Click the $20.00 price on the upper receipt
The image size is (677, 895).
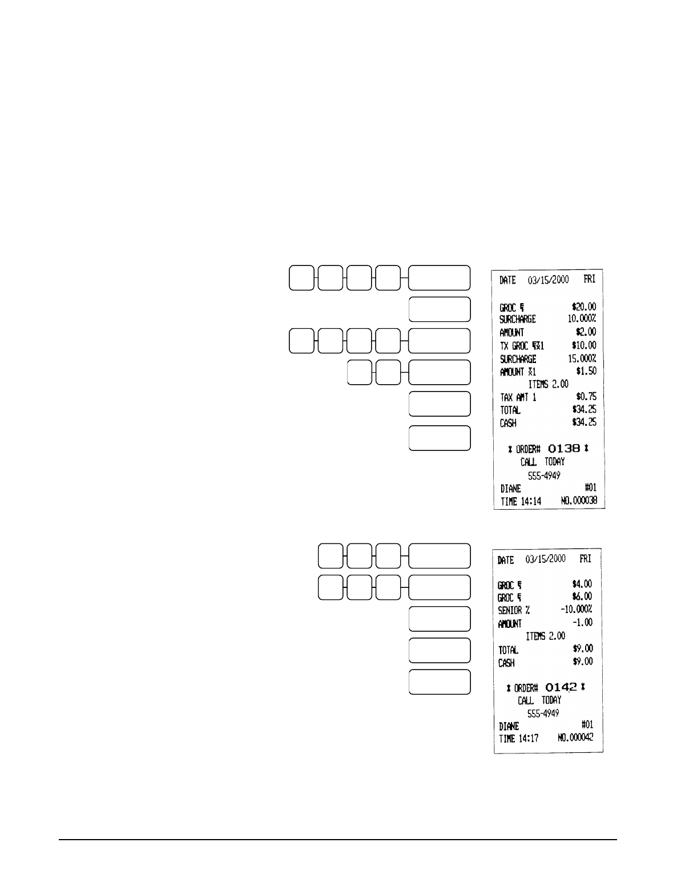[583, 306]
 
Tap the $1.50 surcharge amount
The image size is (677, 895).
[586, 372]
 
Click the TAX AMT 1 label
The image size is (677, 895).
[514, 397]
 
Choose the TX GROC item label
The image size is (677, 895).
[515, 346]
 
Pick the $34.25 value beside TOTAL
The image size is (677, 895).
[583, 410]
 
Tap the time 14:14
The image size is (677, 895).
[530, 501]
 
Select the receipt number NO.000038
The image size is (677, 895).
[579, 501]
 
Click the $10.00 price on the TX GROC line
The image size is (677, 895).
[583, 346]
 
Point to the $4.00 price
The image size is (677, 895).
[582, 584]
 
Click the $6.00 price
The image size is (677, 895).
[582, 596]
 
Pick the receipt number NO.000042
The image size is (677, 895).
[575, 737]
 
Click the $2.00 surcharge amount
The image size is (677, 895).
[586, 332]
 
